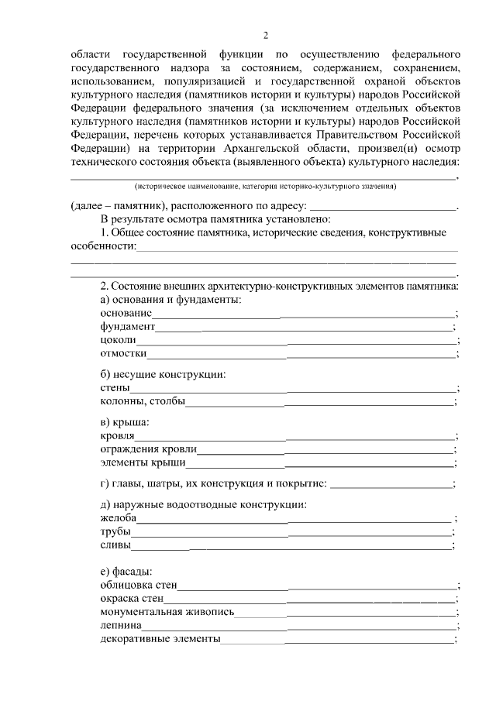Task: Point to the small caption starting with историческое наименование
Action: [x=264, y=187]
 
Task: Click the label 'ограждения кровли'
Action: [x=148, y=449]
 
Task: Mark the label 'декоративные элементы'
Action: [x=160, y=639]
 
